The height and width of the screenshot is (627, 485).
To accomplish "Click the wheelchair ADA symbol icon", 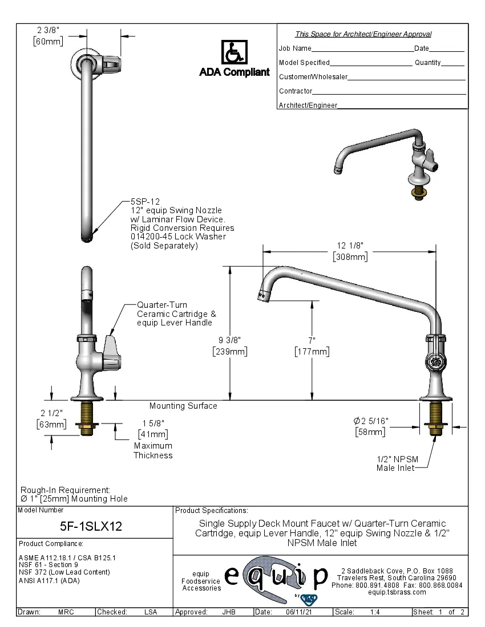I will click(234, 52).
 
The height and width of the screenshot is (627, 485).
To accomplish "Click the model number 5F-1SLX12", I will click(91, 526).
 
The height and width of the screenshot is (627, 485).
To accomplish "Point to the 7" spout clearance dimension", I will click(312, 346).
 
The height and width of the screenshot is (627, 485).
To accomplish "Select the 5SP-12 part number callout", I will click(145, 202).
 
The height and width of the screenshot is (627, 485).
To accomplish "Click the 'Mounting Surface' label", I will click(183, 406).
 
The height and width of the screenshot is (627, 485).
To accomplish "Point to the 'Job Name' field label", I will click(295, 48).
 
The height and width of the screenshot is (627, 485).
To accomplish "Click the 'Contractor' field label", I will click(296, 91).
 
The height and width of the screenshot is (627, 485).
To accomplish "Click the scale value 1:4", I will click(375, 612).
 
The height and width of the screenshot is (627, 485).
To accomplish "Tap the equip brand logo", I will click(276, 577).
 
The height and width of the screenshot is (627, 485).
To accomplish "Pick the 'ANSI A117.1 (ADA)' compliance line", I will click(49, 581).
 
